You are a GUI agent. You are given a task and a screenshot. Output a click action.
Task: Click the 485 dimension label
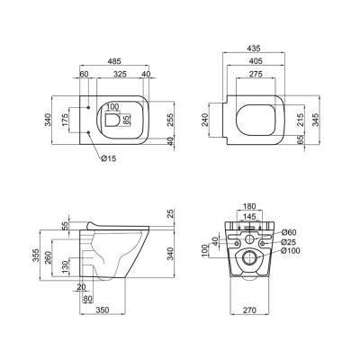click(114, 61)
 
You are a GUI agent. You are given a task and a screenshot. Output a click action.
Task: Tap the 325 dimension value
click(121, 74)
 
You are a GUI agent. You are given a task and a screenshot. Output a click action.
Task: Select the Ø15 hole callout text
click(108, 158)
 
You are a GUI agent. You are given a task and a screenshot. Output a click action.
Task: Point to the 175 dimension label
click(65, 120)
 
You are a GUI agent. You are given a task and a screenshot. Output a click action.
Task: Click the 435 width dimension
click(254, 48)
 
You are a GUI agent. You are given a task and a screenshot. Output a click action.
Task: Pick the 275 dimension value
click(256, 74)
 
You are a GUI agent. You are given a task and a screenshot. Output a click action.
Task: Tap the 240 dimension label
click(204, 120)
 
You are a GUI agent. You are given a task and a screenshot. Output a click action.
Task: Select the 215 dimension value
click(301, 120)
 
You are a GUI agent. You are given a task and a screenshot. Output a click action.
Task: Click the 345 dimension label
click(316, 120)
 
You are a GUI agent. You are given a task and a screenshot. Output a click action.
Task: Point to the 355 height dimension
click(36, 255)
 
